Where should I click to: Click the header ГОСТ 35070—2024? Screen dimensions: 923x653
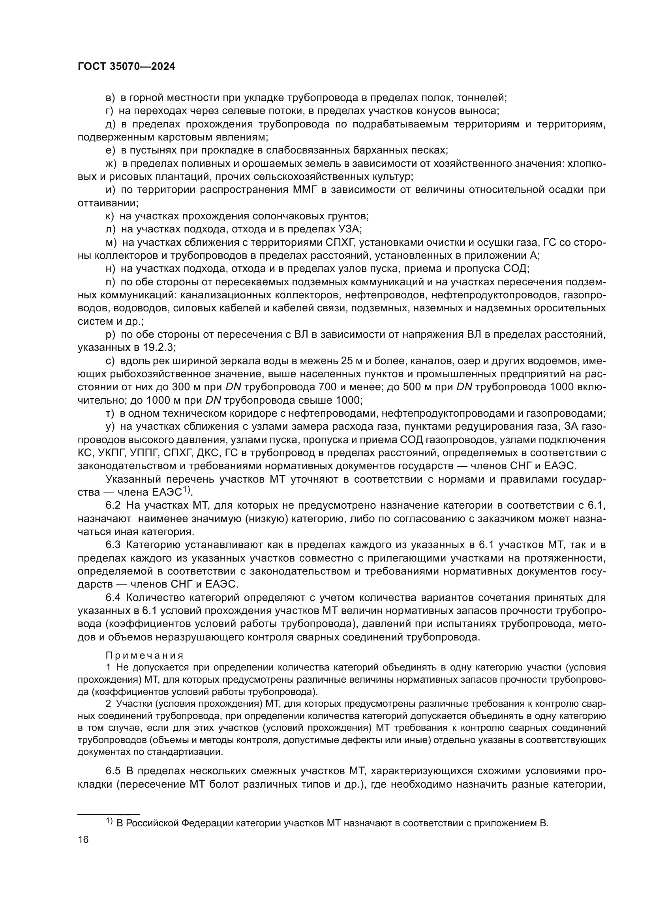click(126, 67)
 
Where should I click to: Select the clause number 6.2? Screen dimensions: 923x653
click(113, 505)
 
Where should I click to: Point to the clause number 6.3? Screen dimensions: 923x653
click(113, 545)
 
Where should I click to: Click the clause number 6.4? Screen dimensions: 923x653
click(113, 598)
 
